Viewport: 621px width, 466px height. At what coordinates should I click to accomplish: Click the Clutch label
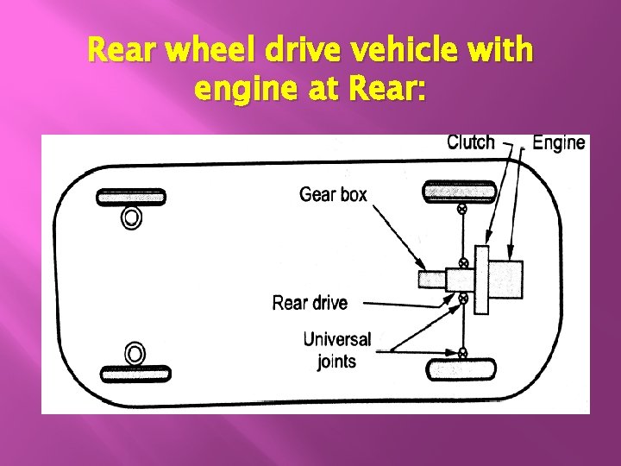[470, 142]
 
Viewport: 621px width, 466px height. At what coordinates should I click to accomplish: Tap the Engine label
[559, 142]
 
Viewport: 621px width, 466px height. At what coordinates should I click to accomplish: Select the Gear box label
[333, 194]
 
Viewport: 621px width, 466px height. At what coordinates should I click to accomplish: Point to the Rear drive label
[310, 303]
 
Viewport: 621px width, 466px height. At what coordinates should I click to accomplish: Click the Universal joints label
[336, 349]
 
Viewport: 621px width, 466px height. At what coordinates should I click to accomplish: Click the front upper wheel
[130, 197]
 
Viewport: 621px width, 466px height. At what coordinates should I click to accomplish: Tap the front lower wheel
[135, 374]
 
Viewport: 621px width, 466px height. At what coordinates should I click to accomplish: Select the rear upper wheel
[458, 190]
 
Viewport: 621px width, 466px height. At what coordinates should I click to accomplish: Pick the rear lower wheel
[461, 370]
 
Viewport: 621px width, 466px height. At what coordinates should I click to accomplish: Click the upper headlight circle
[131, 217]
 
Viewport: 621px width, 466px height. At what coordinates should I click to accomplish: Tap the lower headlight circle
[135, 353]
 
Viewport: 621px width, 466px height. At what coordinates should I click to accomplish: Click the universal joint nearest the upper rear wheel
[462, 209]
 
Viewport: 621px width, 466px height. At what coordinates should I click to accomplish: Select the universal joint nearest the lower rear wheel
[462, 352]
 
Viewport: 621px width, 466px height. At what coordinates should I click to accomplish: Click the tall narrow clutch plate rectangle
[483, 279]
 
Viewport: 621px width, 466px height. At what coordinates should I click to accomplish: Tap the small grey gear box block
[431, 280]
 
